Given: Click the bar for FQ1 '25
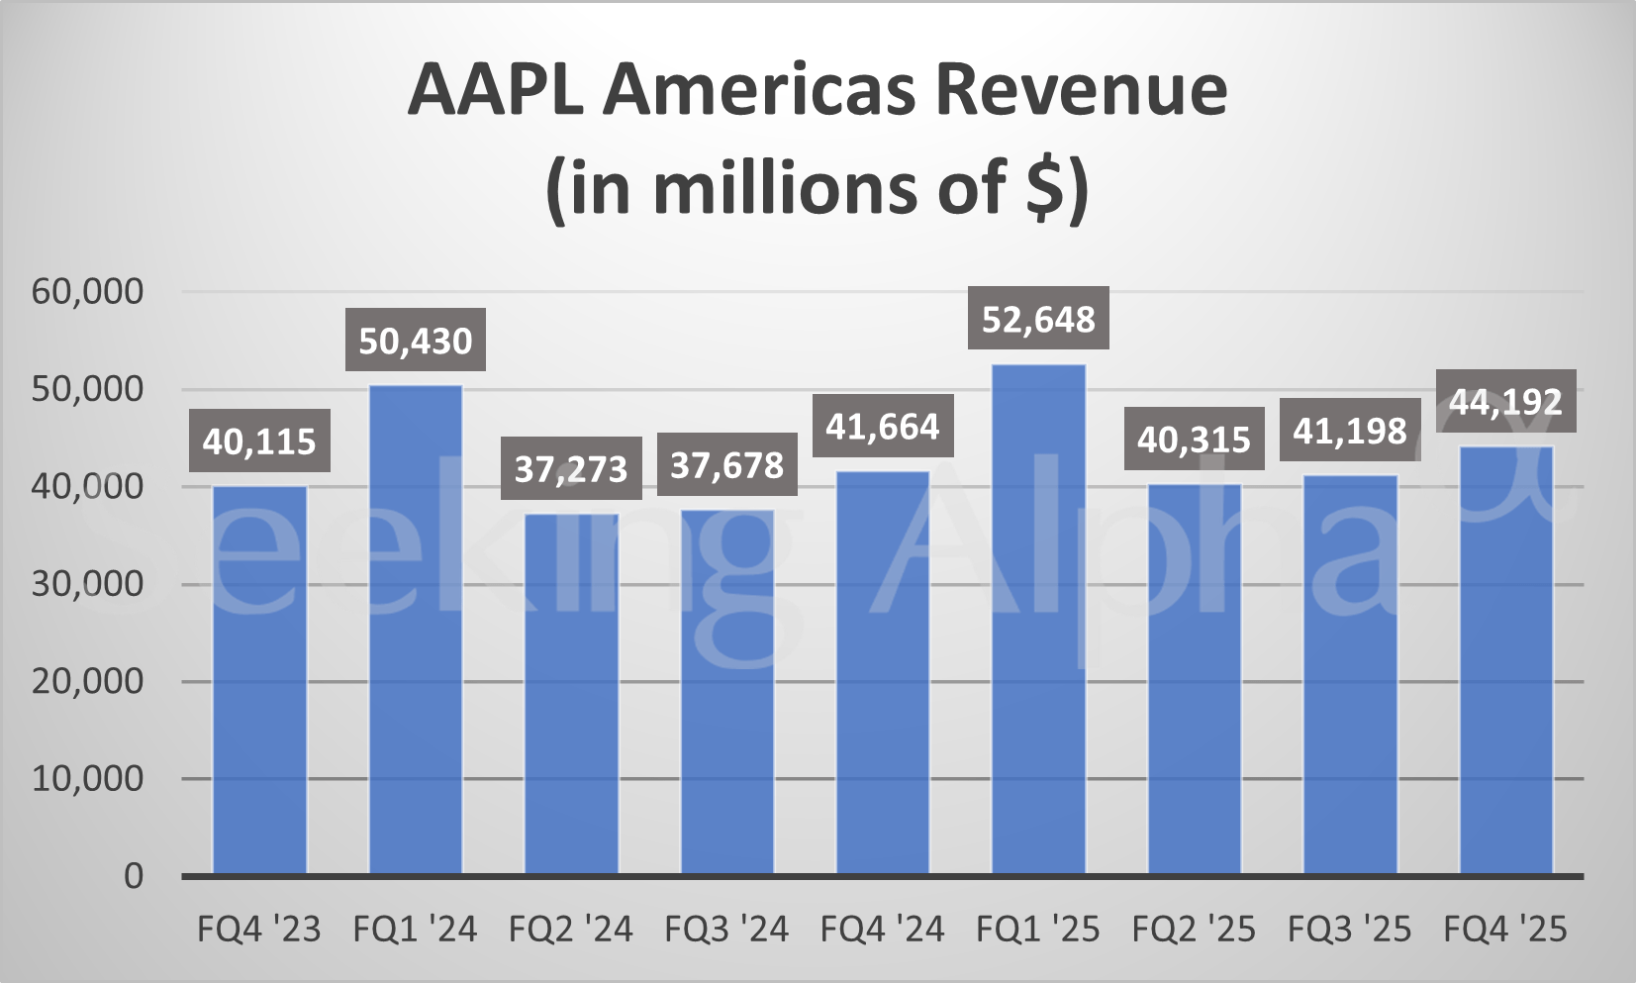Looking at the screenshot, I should click(x=1038, y=619).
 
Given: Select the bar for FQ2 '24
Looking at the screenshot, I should click(x=571, y=693).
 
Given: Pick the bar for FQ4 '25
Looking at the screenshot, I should click(x=1505, y=659).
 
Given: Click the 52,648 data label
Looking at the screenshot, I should click(x=1038, y=319).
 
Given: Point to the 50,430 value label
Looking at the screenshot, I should click(x=416, y=341).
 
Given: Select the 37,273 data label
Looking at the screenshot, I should click(x=571, y=468).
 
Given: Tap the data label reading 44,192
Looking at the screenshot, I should click(x=1505, y=401).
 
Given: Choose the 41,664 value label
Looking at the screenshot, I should click(x=883, y=426).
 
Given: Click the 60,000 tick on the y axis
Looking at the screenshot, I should click(x=87, y=291).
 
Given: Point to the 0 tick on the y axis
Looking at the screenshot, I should click(x=133, y=876).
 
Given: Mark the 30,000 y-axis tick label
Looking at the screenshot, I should click(x=87, y=584).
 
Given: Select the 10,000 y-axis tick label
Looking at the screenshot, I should click(x=87, y=779).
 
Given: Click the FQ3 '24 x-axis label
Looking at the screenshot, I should click(x=726, y=930).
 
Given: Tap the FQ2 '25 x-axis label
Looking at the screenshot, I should click(x=1194, y=930).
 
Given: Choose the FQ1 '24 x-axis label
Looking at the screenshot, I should click(x=416, y=930).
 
